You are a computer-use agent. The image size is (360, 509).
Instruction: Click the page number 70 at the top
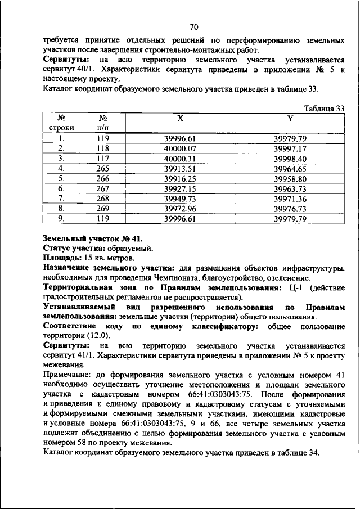193,26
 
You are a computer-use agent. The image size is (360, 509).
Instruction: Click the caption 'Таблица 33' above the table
324,109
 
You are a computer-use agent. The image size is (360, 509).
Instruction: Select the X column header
180,119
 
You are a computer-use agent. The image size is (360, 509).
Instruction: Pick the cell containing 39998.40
290,159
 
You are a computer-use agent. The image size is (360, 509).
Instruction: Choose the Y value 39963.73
290,189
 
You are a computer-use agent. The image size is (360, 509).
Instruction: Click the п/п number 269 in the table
102,209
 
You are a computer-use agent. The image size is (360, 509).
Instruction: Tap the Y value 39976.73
290,209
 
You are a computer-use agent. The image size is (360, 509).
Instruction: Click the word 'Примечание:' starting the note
69,375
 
